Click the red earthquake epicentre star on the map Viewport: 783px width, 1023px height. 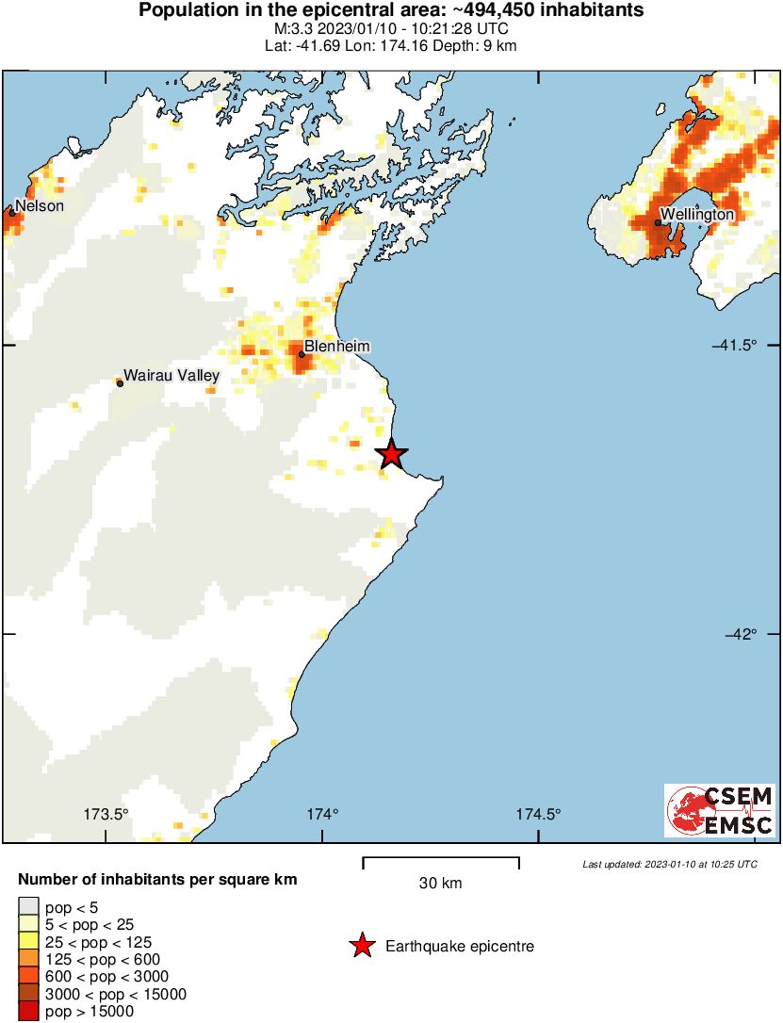coord(392,455)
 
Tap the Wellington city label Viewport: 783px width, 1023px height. coord(696,215)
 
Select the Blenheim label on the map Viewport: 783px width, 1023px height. coord(336,347)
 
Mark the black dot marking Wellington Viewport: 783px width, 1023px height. coord(658,223)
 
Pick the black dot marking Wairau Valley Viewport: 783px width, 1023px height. coord(120,382)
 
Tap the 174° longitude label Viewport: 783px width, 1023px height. coord(321,815)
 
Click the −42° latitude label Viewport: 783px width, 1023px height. coord(740,634)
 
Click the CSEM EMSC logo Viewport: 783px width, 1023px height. coord(720,810)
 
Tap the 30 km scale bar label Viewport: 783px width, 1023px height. coord(440,884)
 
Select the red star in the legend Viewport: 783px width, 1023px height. coord(362,947)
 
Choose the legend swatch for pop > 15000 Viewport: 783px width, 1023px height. coord(27,1012)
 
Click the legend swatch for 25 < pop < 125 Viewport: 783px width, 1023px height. coord(27,942)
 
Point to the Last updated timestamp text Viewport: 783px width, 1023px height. coord(669,864)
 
